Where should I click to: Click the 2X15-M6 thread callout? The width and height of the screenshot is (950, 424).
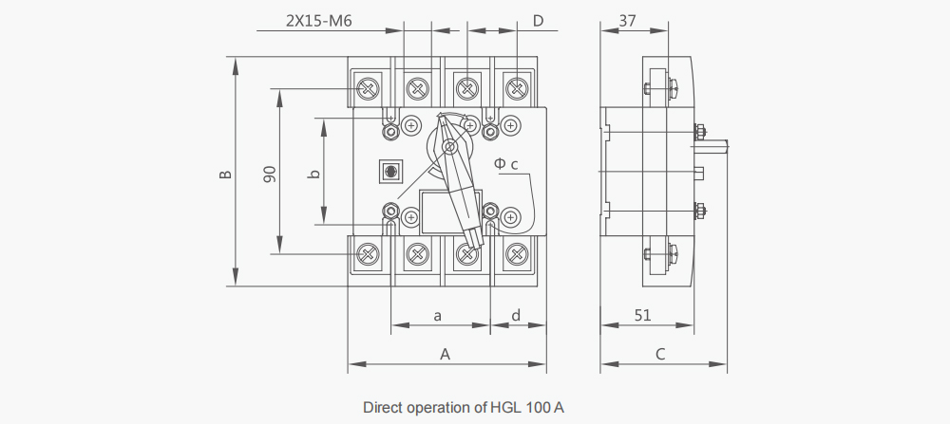click(318, 21)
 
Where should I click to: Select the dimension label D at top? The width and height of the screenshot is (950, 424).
click(538, 21)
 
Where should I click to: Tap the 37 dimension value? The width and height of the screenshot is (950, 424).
click(628, 21)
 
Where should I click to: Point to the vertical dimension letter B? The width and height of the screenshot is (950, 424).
click(225, 175)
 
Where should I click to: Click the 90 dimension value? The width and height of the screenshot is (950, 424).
click(270, 175)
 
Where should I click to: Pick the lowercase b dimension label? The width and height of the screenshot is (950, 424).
click(313, 175)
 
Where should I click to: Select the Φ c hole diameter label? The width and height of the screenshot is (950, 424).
click(506, 163)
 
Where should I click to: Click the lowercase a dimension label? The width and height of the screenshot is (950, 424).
click(438, 315)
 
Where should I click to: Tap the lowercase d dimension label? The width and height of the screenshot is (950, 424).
click(516, 315)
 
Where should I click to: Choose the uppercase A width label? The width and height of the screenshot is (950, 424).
click(446, 354)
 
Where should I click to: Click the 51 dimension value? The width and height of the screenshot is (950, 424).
click(643, 315)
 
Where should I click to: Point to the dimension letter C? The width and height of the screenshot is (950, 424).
click(660, 354)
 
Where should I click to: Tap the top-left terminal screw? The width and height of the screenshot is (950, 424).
click(367, 89)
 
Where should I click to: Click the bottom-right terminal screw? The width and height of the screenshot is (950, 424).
click(517, 254)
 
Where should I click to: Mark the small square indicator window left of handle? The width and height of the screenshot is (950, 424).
click(390, 171)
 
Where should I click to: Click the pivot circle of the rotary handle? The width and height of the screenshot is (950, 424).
click(449, 146)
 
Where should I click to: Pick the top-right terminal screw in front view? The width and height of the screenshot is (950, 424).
click(517, 89)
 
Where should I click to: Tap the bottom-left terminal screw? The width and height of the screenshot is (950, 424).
click(367, 254)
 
